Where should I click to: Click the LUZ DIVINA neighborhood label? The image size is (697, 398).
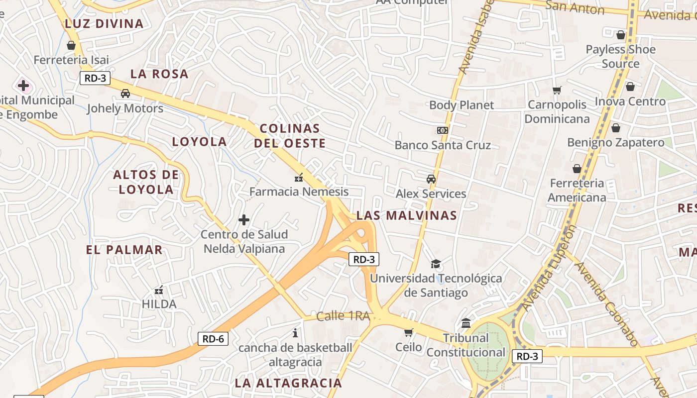click(x=104, y=23)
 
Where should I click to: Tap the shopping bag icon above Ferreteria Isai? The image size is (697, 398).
click(x=71, y=45)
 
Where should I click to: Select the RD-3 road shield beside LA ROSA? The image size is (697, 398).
click(x=95, y=78)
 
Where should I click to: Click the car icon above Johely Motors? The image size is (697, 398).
click(x=125, y=93)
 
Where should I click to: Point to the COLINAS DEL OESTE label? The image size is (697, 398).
click(x=290, y=136)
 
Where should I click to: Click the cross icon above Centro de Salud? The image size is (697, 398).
click(x=244, y=219)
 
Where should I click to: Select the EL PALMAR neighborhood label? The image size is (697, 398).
click(x=124, y=250)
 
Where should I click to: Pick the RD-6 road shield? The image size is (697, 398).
click(x=213, y=339)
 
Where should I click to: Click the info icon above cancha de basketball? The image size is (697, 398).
click(x=295, y=332)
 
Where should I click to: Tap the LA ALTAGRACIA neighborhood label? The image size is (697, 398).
click(x=288, y=383)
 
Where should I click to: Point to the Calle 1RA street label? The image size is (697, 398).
click(x=344, y=316)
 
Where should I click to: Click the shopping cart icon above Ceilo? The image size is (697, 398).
click(x=408, y=332)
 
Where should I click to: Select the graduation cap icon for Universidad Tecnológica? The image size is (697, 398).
click(x=436, y=264)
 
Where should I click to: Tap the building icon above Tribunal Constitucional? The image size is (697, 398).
click(x=466, y=323)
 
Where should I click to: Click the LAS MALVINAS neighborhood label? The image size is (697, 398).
click(x=406, y=215)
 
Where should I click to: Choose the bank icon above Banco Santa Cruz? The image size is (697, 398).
click(x=442, y=130)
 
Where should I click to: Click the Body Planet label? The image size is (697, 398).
click(x=462, y=105)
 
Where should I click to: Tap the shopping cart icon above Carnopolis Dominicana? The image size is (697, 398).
click(x=557, y=90)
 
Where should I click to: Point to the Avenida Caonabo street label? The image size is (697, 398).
click(x=607, y=303)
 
